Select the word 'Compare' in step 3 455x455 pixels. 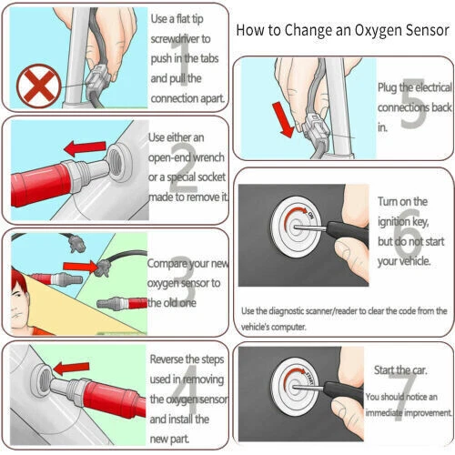click(x=172, y=263)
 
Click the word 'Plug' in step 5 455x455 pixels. click(x=389, y=87)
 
